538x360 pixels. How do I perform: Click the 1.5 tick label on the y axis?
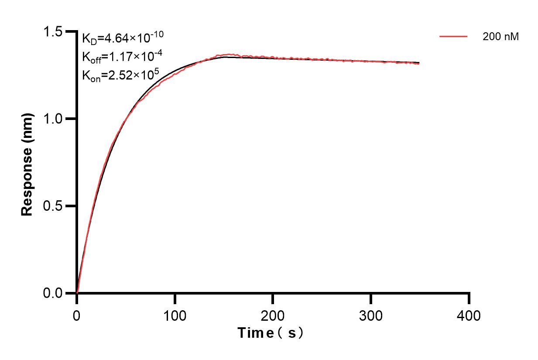pos(53,32)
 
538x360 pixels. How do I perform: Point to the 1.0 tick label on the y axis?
pos(53,119)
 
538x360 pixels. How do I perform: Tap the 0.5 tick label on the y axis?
pos(53,206)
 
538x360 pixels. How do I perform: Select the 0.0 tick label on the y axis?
pos(53,293)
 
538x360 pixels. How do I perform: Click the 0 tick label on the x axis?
pos(77,315)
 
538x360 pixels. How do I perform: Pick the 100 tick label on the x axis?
pos(175,315)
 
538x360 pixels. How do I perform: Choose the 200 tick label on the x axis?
pos(273,315)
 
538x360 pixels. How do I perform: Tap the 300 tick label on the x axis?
pos(371,315)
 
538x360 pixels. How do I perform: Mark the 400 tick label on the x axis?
pos(469,315)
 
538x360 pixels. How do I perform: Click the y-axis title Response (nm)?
pos(27,162)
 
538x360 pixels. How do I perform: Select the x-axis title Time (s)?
pos(271,333)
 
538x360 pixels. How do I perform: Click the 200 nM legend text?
pos(500,37)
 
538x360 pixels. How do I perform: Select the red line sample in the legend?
pos(453,37)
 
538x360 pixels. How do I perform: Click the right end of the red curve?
pos(419,64)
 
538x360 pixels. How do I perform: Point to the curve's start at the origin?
pos(77,292)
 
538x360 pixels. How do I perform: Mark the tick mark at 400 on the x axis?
pos(469,298)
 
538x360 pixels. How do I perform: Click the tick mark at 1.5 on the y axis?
pos(70,31)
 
